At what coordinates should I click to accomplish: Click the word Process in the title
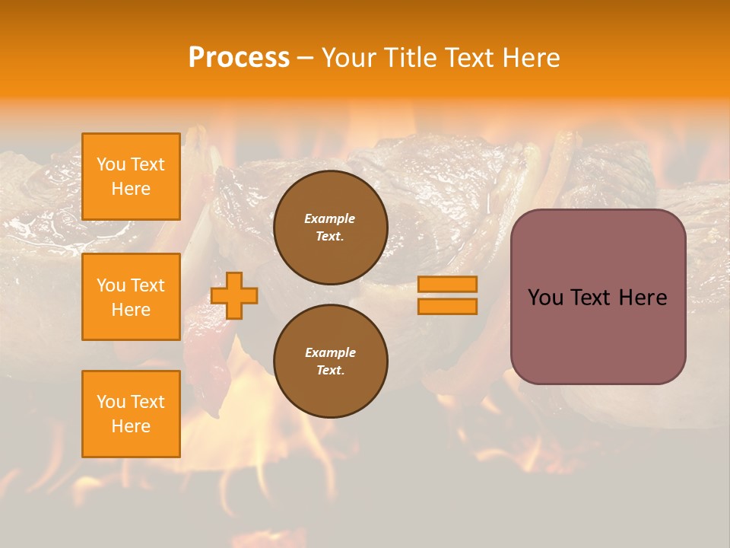[239, 58]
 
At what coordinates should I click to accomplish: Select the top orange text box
[131, 177]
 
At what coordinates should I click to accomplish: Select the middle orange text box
[131, 297]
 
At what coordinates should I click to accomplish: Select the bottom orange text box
[131, 414]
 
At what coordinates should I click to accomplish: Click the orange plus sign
[234, 295]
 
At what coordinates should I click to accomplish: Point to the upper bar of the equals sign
[447, 285]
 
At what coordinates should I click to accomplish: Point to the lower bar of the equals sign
[447, 306]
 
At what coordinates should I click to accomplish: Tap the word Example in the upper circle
[330, 218]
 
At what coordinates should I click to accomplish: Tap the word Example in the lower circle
[330, 352]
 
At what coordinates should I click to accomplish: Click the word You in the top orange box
[111, 164]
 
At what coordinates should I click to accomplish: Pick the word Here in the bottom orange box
[131, 426]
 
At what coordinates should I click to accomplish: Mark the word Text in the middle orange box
[148, 285]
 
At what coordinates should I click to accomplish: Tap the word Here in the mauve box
[643, 298]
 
